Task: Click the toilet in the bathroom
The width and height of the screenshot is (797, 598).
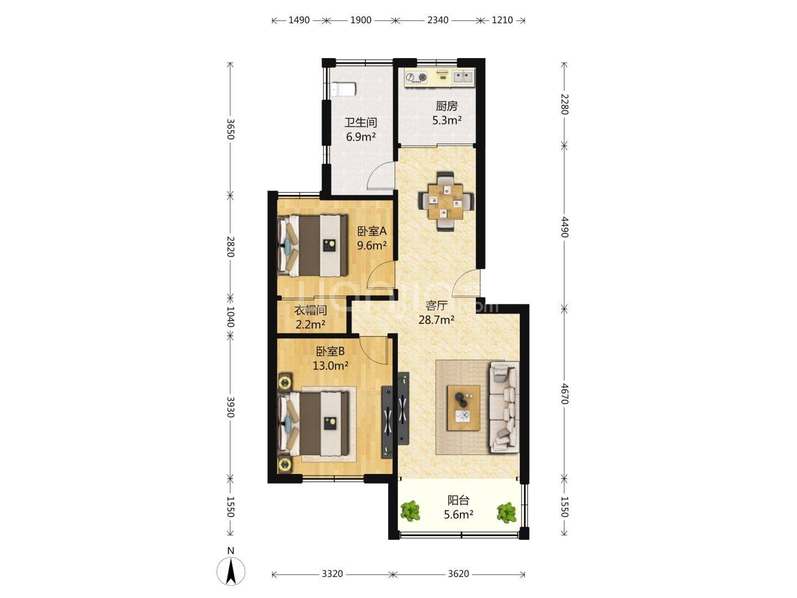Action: [x=343, y=89]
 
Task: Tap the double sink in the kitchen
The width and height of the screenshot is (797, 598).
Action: [x=463, y=77]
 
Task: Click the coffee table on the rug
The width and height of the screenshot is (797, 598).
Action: [x=463, y=408]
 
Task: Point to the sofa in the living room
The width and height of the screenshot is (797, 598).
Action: [x=504, y=406]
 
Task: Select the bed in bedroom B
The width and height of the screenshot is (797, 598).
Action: [x=313, y=424]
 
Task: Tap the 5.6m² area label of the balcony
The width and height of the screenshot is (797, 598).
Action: [x=458, y=514]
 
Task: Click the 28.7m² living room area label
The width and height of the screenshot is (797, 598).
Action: [x=437, y=320]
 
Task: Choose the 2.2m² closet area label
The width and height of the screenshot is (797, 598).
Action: [x=310, y=324]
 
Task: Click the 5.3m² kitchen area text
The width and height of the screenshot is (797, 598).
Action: [x=447, y=120]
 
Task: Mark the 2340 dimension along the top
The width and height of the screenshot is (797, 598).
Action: [x=438, y=20]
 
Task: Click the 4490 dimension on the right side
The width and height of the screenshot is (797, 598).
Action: [x=564, y=227]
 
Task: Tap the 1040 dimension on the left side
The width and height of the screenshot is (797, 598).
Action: [x=230, y=317]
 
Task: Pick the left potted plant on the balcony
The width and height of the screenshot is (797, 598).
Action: [x=410, y=511]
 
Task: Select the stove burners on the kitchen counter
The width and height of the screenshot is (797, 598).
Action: [x=416, y=78]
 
